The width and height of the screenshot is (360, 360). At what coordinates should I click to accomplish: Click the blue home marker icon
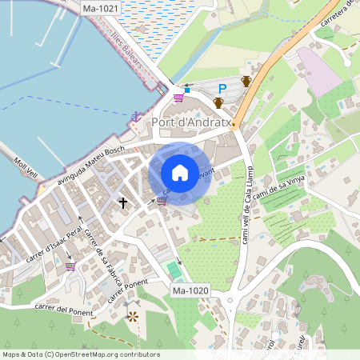(180, 173)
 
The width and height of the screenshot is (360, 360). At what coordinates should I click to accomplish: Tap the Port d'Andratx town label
(191, 122)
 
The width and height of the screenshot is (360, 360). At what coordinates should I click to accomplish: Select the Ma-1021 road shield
(100, 7)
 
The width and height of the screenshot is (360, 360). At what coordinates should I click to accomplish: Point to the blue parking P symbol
(223, 87)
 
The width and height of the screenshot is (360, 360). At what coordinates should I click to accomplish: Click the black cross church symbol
(124, 203)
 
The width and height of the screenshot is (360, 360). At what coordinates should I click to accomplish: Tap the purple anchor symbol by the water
(136, 116)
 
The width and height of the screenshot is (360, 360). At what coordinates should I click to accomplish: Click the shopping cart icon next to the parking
(178, 98)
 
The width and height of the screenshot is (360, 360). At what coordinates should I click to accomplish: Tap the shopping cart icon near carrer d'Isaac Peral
(70, 266)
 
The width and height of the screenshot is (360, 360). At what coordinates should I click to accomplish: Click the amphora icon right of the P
(246, 81)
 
